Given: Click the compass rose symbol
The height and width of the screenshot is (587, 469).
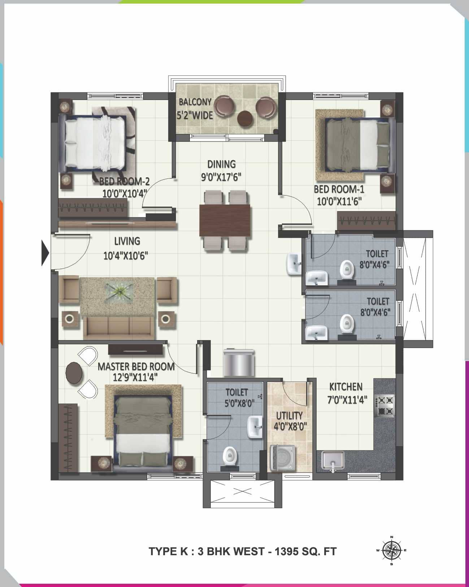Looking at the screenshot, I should [x=392, y=551].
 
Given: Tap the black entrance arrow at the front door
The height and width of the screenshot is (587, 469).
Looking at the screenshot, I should [x=45, y=253].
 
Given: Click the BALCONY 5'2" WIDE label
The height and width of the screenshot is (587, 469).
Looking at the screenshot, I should [x=195, y=108].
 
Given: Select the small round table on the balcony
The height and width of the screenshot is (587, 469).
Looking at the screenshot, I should [x=245, y=118].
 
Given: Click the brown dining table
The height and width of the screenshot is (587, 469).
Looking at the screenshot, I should [x=225, y=220].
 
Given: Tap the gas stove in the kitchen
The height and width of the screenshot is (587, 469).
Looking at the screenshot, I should [x=385, y=405].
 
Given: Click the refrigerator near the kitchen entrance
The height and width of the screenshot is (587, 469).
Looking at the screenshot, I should [x=238, y=363].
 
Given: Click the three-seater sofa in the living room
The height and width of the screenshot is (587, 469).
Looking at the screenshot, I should [x=118, y=327].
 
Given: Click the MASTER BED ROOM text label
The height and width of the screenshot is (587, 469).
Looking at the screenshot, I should [x=136, y=367].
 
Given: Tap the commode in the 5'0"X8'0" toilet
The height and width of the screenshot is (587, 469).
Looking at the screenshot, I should [x=230, y=457].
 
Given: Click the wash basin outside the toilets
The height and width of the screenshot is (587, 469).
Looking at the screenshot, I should [x=293, y=264].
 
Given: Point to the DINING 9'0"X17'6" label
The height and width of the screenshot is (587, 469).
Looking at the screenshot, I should [x=221, y=170].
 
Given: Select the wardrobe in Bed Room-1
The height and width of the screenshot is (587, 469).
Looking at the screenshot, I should [x=366, y=221].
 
